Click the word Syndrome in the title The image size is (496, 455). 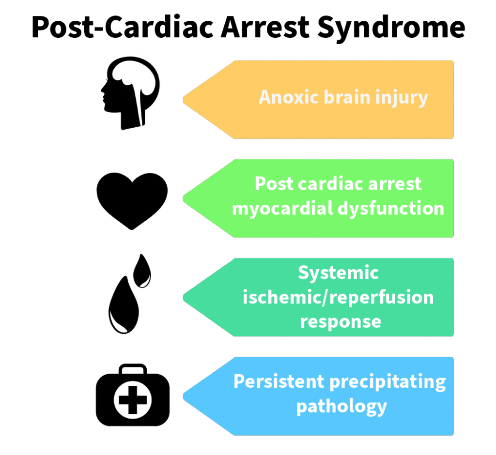(x=391, y=28)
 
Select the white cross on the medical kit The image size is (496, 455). (x=132, y=400)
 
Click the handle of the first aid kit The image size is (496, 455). (x=132, y=370)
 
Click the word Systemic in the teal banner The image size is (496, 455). (x=338, y=273)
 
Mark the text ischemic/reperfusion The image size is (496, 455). (x=338, y=297)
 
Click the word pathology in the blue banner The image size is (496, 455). (x=341, y=406)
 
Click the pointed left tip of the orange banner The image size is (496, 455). (x=185, y=100)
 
